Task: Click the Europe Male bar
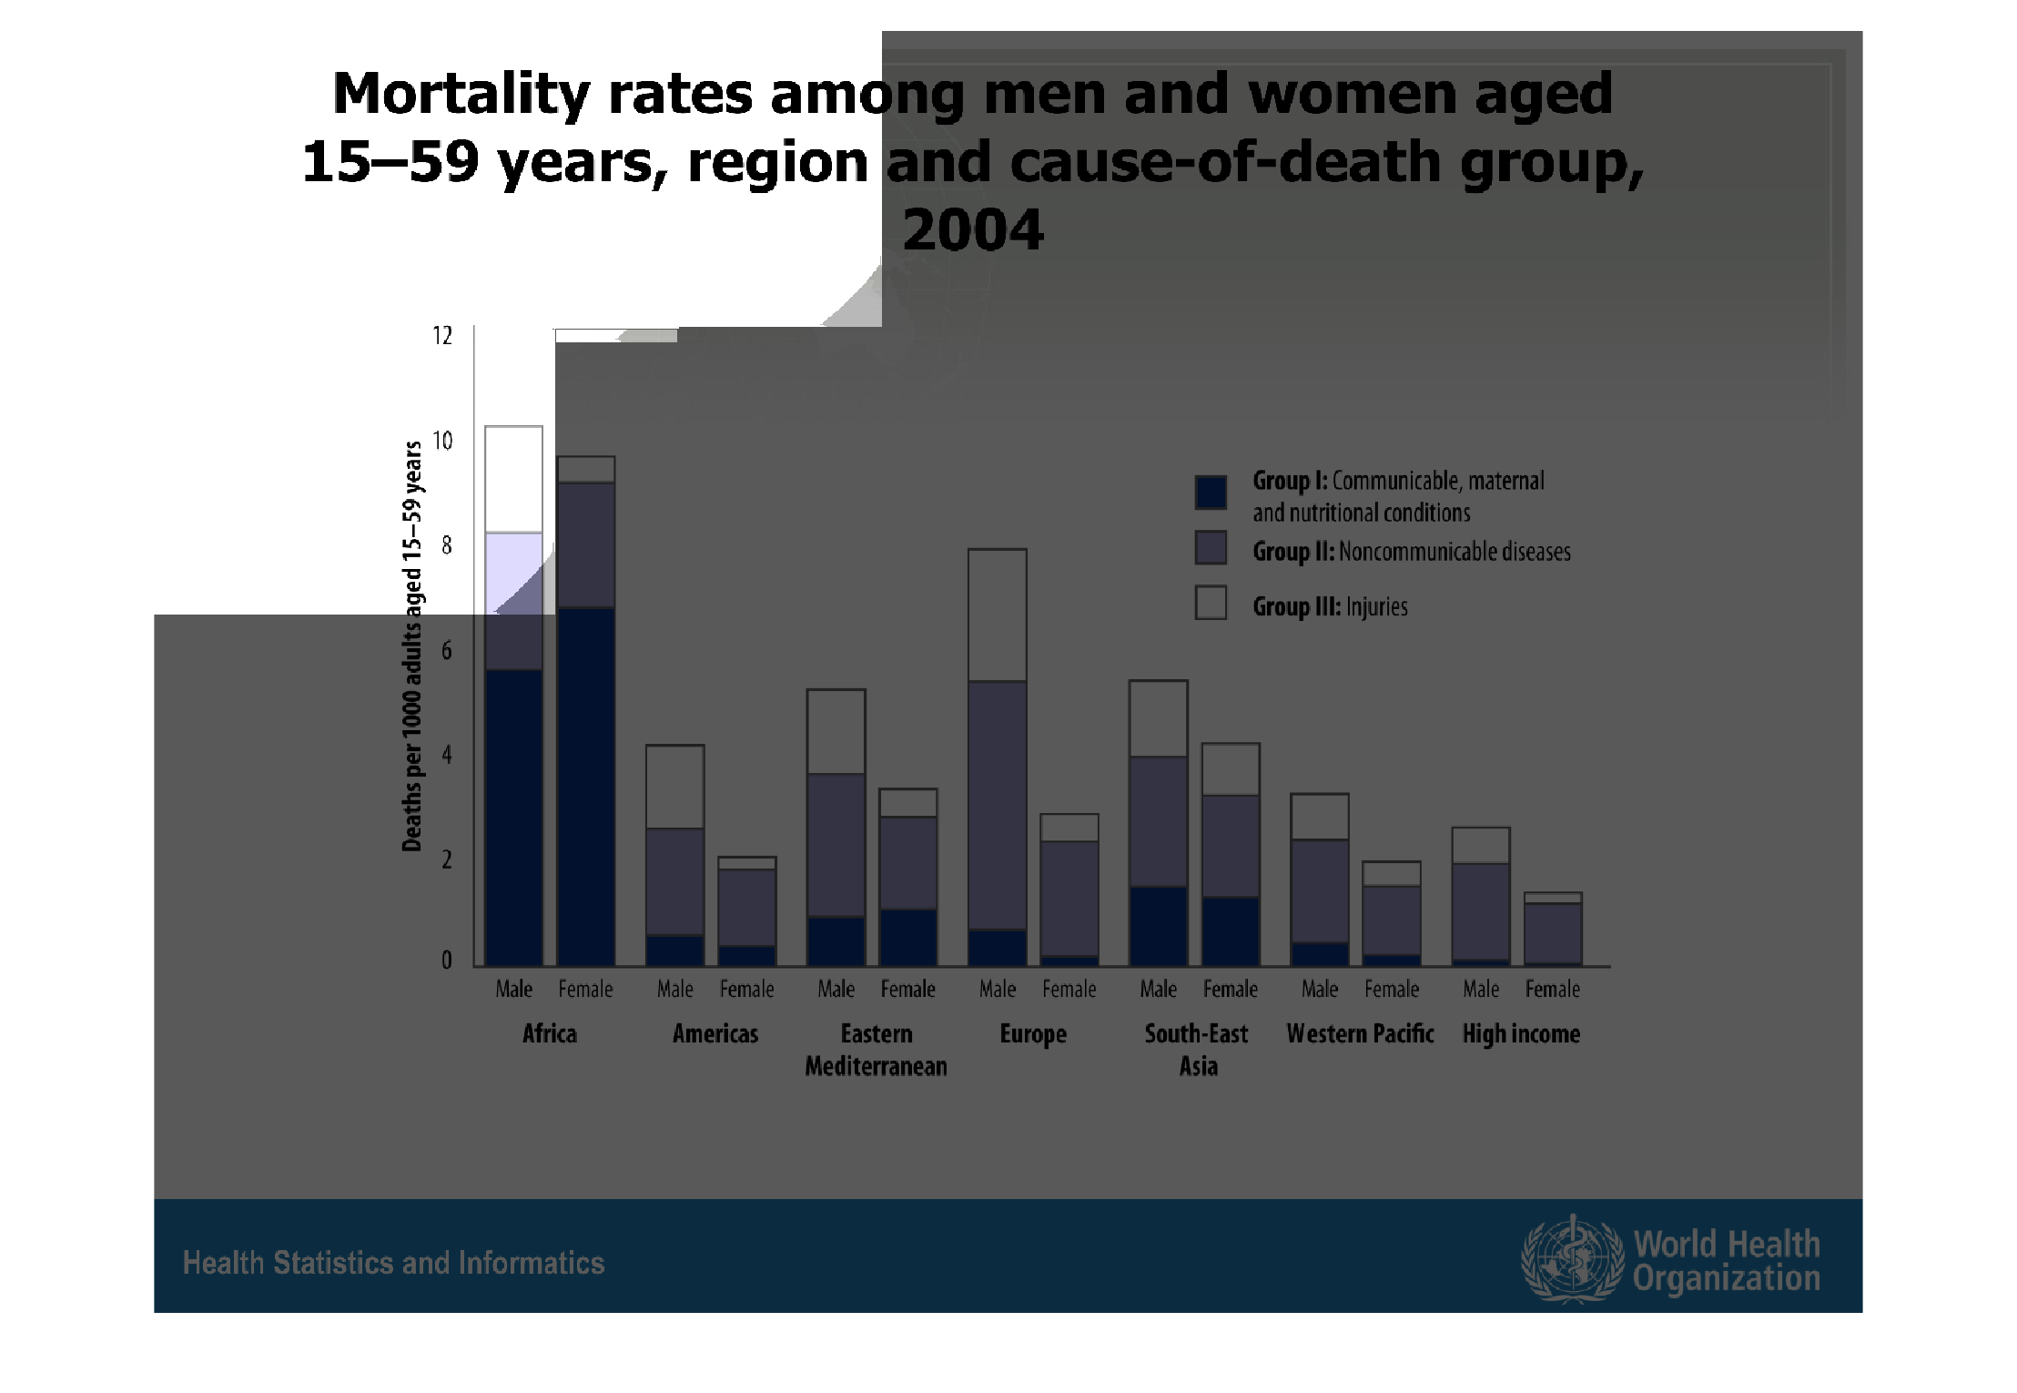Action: tap(998, 758)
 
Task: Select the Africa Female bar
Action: tap(586, 711)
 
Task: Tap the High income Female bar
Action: tap(1553, 929)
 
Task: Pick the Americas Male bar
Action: tap(674, 856)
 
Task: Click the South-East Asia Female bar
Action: tap(1231, 854)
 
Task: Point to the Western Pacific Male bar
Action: tap(1320, 880)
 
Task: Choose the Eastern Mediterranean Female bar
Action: tap(907, 877)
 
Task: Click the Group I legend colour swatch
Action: tap(1211, 492)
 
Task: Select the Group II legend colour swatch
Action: tap(1211, 548)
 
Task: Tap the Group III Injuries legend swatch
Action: tap(1211, 603)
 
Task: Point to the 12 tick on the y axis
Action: tap(442, 336)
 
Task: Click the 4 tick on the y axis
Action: tap(446, 755)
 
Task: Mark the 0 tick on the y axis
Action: tap(446, 961)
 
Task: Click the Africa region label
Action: tap(550, 1034)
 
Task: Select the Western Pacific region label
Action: tap(1360, 1034)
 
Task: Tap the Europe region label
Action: tap(1033, 1034)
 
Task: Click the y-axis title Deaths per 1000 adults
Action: tap(412, 646)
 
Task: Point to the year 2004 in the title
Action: tap(972, 229)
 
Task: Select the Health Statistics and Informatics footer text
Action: tap(393, 1263)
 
